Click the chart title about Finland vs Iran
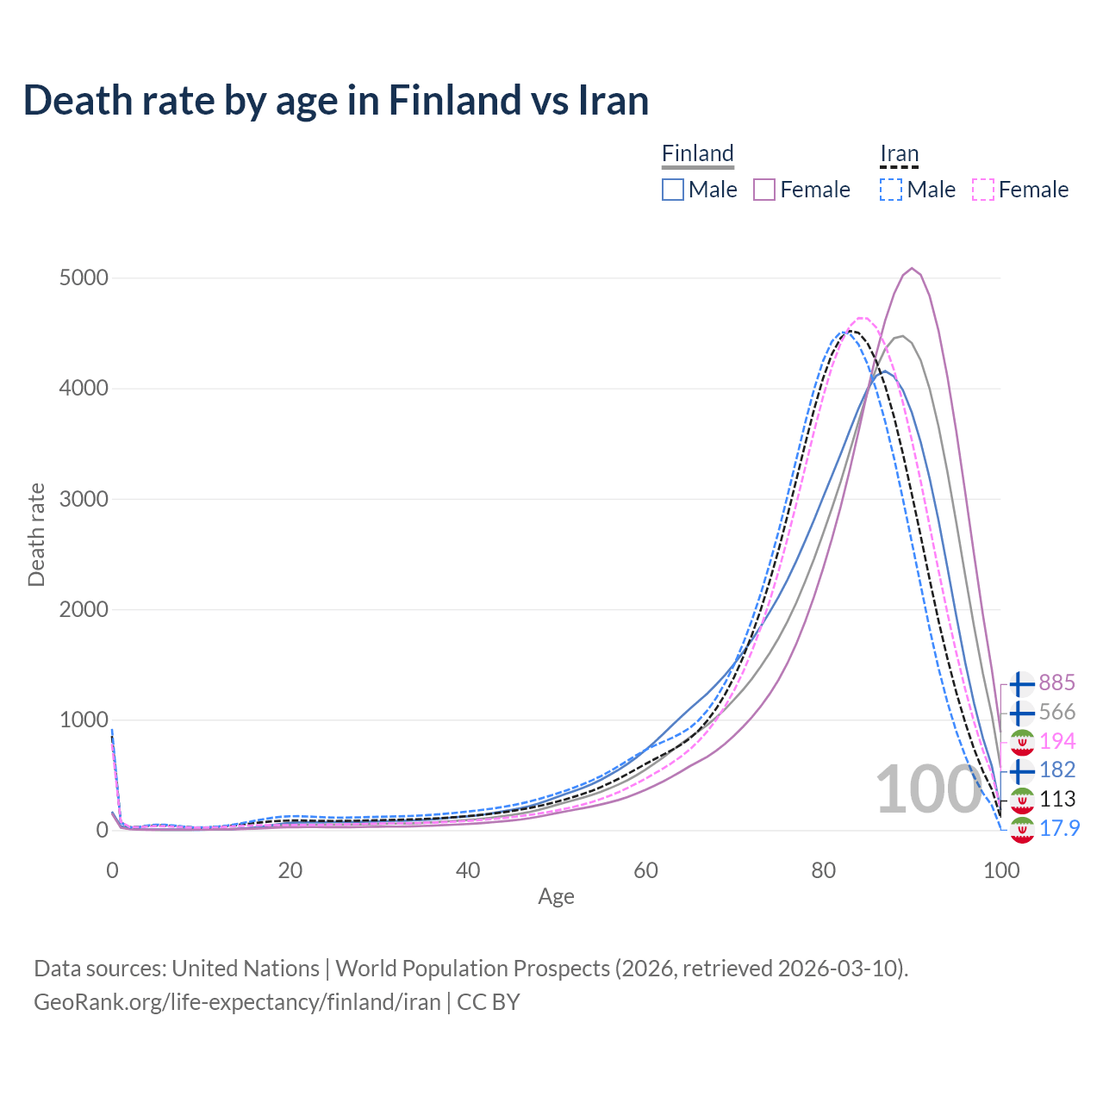pos(336,100)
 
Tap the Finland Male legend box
pos(673,190)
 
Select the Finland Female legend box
pos(765,190)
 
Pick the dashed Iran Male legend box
pos(891,190)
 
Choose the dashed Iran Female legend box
pos(983,190)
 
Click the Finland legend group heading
pos(698,153)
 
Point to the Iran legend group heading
pos(900,153)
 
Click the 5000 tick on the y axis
pos(84,277)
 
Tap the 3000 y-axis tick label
pos(84,499)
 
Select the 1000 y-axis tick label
pos(84,720)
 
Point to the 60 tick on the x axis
pos(645,870)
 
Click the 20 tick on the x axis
pos(290,870)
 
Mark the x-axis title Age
pos(556,896)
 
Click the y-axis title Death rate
pos(36,534)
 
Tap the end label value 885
pos(1056,682)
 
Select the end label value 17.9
pos(1059,828)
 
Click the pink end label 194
pos(1056,740)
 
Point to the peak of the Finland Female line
pos(912,268)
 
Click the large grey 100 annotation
pos(927,789)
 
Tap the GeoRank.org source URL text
pos(237,1002)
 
